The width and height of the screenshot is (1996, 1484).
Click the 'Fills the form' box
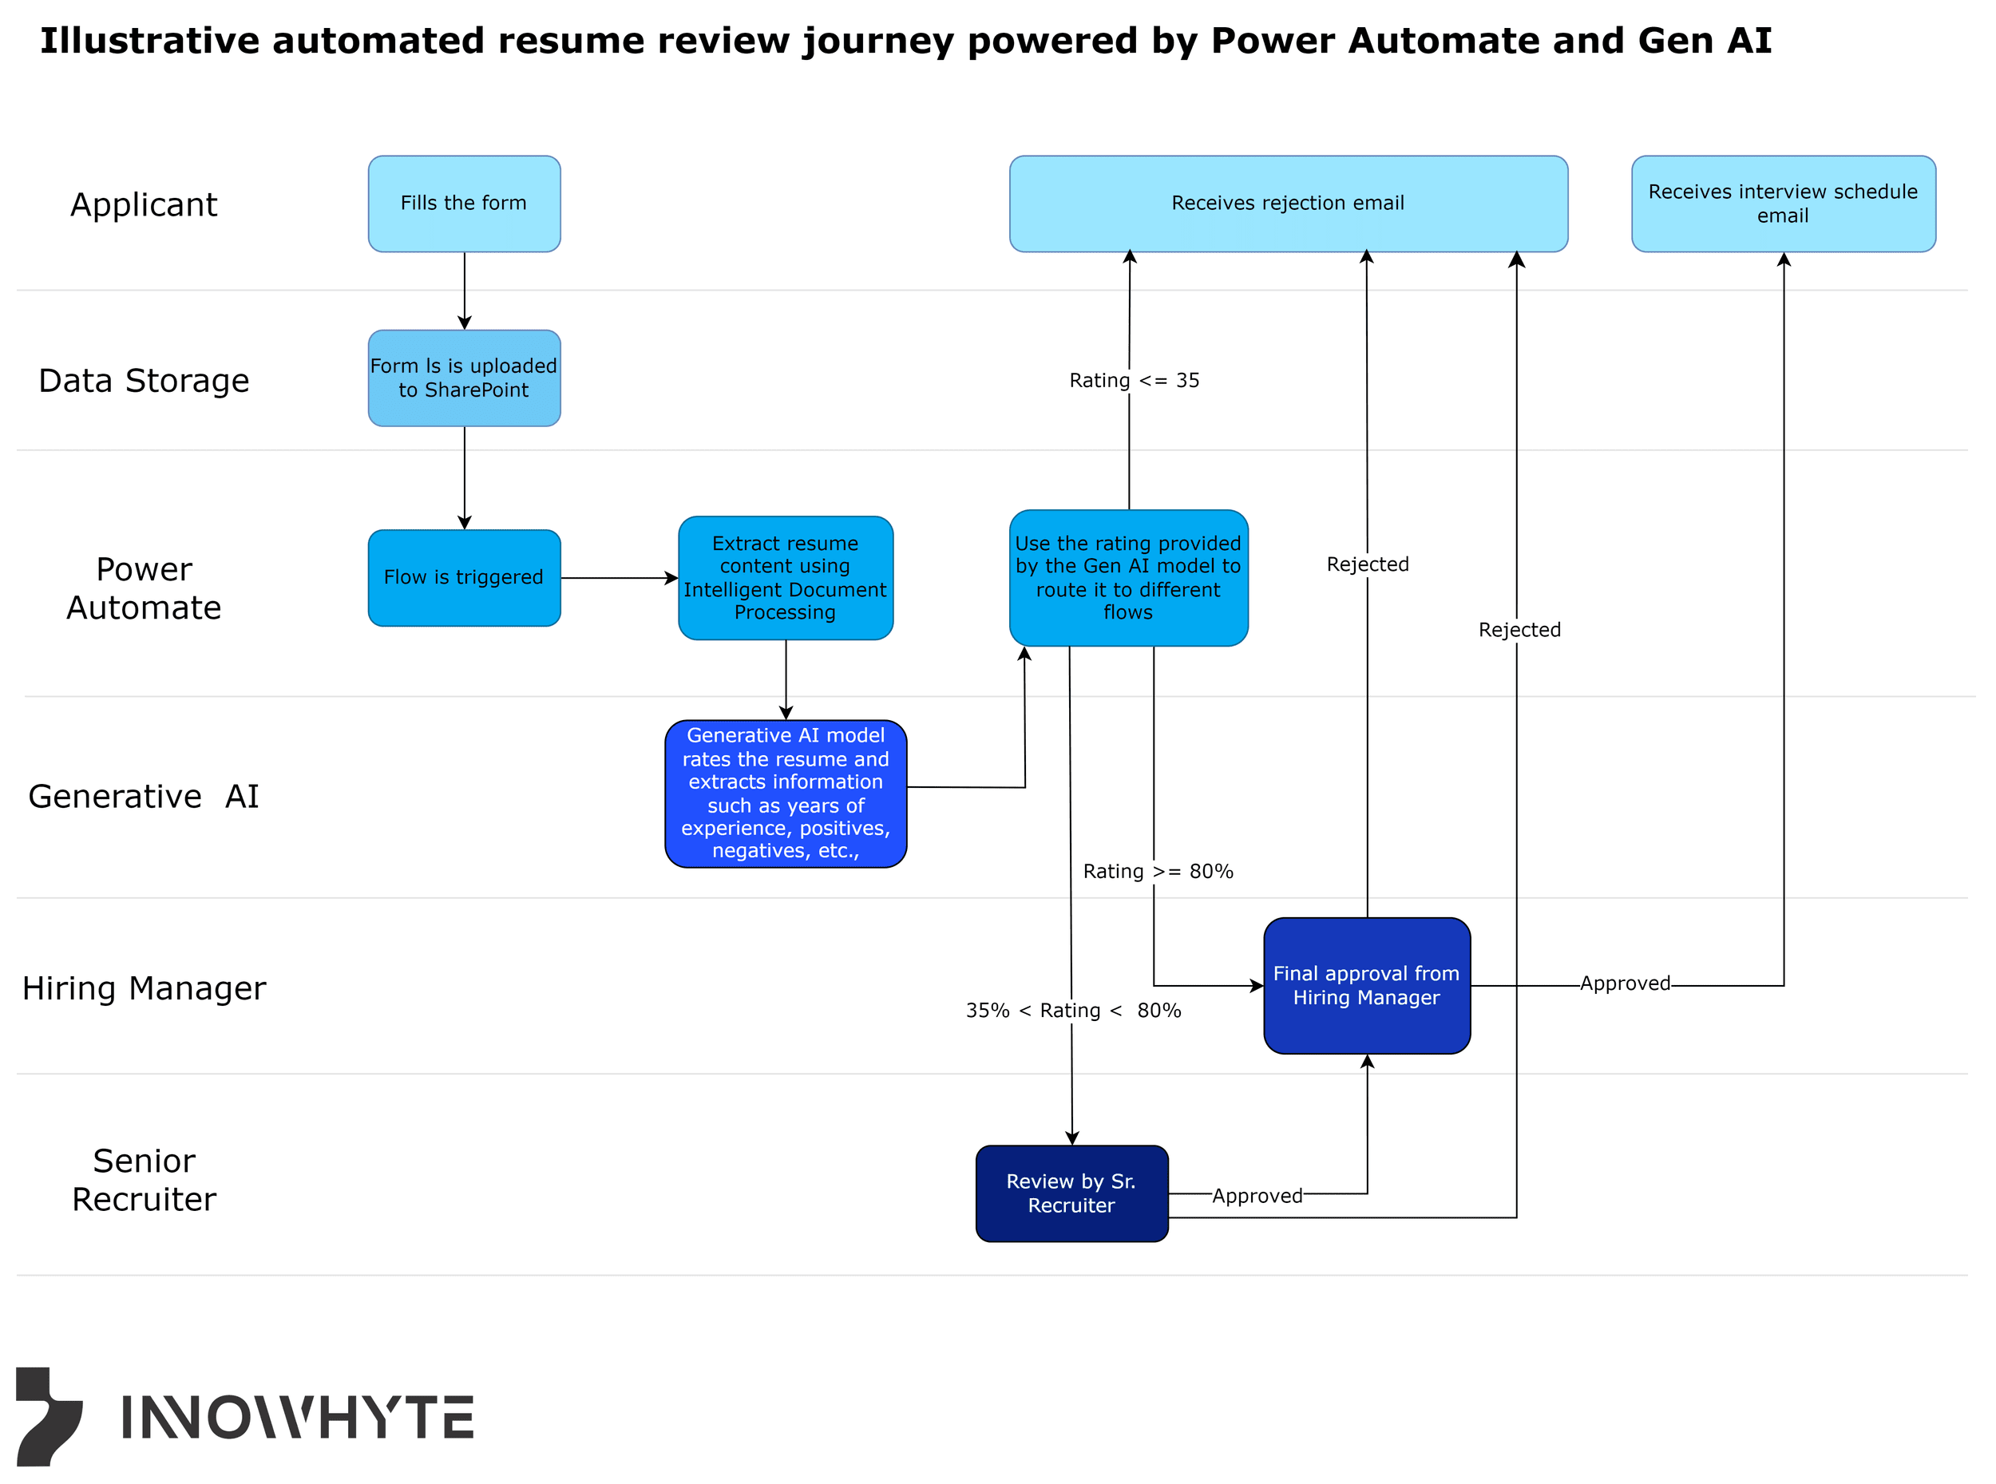point(464,204)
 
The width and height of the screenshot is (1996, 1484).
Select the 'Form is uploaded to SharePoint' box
point(464,378)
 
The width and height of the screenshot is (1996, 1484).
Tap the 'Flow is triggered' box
point(464,578)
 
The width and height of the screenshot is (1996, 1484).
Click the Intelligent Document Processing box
point(785,578)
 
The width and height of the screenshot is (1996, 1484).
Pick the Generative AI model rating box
point(785,793)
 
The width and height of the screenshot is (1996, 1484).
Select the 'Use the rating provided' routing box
point(1128,578)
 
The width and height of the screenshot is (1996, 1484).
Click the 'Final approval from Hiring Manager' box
point(1366,985)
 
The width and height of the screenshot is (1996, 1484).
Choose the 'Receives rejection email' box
point(1288,204)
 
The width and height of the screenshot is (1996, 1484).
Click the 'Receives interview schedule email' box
point(1783,204)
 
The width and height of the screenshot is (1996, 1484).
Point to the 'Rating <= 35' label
point(1134,381)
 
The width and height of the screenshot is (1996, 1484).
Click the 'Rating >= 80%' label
point(1158,872)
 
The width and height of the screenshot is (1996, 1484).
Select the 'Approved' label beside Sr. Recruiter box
point(1257,1196)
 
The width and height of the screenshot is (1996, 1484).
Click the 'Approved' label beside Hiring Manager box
point(1625,983)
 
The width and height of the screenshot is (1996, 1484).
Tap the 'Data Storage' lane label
point(144,381)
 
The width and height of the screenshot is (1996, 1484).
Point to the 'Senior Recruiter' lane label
point(144,1180)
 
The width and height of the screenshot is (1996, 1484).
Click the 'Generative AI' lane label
point(144,797)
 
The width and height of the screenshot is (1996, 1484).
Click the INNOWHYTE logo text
point(296,1418)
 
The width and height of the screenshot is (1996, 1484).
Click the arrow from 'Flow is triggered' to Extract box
point(619,579)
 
